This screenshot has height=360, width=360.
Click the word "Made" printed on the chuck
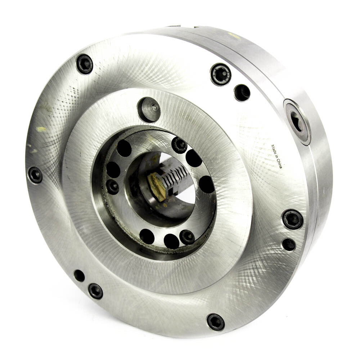pyautogui.click(x=274, y=149)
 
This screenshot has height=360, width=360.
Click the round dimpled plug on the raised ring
pyautogui.click(x=149, y=109)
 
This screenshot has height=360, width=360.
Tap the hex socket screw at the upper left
pyautogui.click(x=85, y=64)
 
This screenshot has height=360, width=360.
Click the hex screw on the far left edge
pyautogui.click(x=35, y=175)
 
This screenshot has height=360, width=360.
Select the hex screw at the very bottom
pyautogui.click(x=215, y=321)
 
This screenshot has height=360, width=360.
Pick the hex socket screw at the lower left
pyautogui.click(x=95, y=291)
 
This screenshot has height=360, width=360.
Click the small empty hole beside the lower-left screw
pyautogui.click(x=79, y=276)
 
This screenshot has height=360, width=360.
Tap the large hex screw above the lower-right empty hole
pyautogui.click(x=292, y=219)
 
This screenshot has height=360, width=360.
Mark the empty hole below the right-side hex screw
pyautogui.click(x=289, y=244)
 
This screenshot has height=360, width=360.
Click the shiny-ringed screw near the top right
pyautogui.click(x=220, y=74)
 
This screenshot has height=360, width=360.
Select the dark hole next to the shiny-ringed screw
pyautogui.click(x=242, y=93)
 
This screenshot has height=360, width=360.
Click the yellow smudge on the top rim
pyautogui.click(x=234, y=35)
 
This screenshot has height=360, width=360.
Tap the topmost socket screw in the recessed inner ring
pyautogui.click(x=179, y=145)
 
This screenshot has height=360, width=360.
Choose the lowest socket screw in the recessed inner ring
pyautogui.click(x=187, y=237)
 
